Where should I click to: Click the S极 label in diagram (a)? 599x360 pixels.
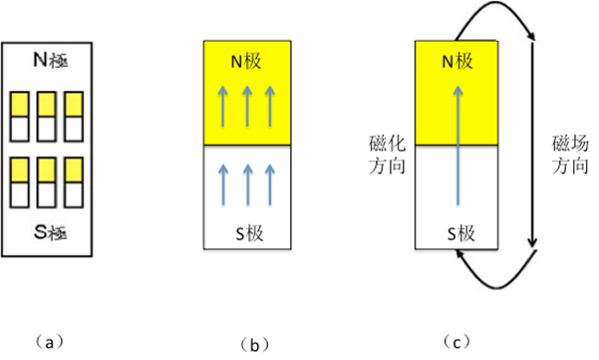coord(49,235)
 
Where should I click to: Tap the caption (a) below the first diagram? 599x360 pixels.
coord(48,341)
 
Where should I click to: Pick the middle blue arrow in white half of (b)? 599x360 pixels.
coord(247,179)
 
